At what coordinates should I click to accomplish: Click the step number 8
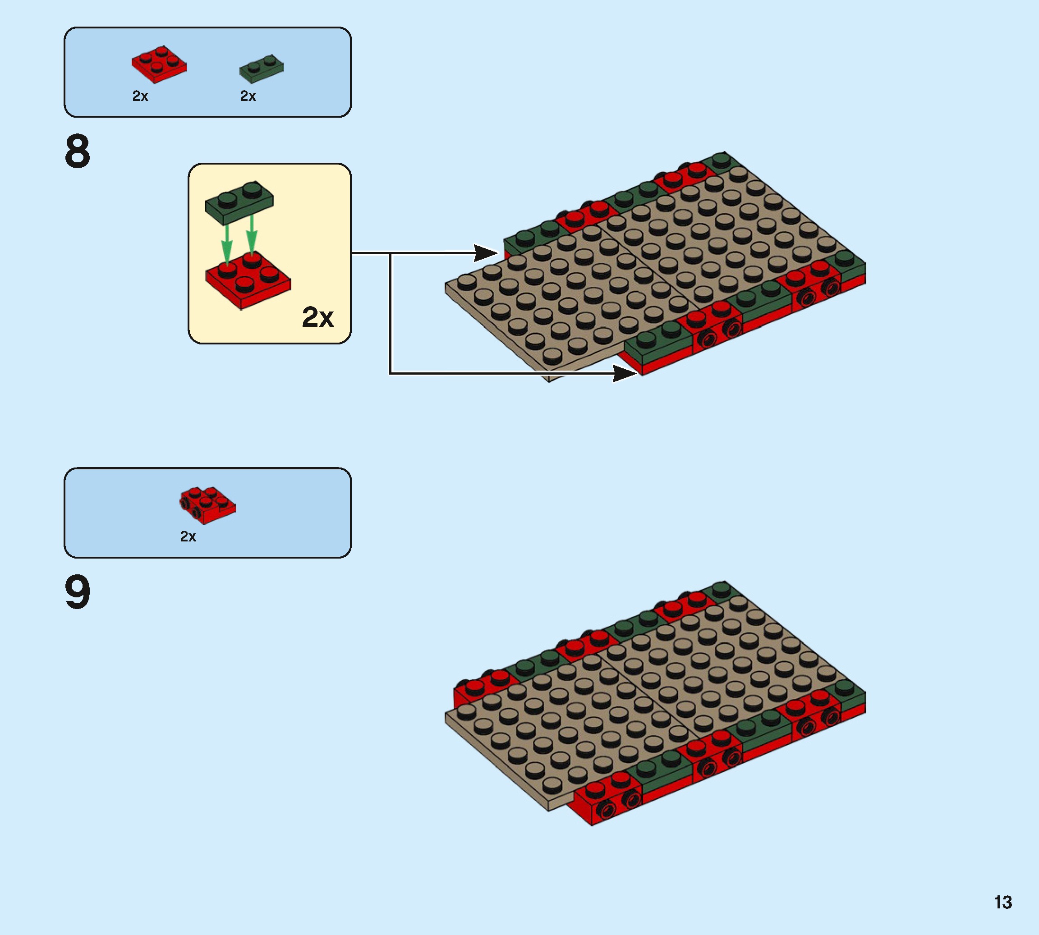click(78, 151)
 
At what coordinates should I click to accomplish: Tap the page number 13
click(1002, 902)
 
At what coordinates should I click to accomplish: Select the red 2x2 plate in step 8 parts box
click(159, 64)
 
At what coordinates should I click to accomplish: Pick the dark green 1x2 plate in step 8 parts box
click(262, 69)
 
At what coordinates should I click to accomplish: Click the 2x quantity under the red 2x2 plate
click(140, 96)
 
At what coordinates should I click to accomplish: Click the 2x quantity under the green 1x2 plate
click(248, 96)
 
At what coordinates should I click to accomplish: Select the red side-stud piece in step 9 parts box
click(207, 504)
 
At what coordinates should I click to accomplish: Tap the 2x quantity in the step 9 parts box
click(188, 536)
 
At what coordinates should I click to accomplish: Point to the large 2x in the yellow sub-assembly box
click(317, 317)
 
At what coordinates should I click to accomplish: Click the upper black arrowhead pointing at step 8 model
click(486, 253)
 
